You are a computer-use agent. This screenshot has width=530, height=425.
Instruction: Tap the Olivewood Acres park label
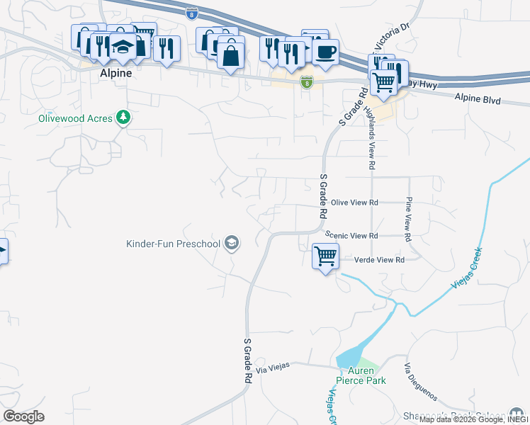coord(75,118)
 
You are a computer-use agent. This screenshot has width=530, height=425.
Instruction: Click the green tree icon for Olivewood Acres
coord(124,117)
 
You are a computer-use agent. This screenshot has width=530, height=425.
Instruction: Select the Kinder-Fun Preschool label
coord(173,244)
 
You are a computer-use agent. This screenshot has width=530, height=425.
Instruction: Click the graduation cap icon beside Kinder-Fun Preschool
coord(231,244)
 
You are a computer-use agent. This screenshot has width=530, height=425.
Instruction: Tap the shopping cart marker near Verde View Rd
coord(325,256)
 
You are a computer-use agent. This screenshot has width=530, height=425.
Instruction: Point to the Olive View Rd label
coord(354,203)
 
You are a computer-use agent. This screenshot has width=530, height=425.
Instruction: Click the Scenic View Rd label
coord(351,235)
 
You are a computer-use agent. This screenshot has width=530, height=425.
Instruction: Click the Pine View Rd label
coord(408,220)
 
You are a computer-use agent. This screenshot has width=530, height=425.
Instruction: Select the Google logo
coord(23,416)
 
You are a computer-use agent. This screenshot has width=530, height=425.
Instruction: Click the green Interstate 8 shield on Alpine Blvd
coord(306,83)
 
